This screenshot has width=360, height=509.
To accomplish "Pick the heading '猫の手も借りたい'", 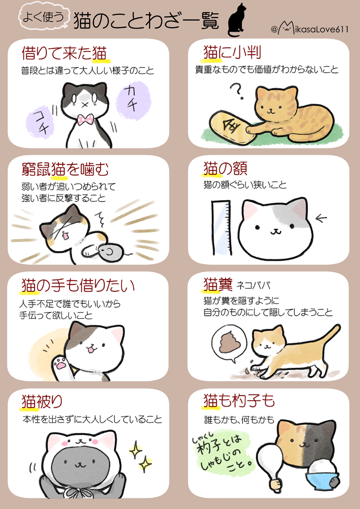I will pyautogui.click(x=78, y=285).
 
